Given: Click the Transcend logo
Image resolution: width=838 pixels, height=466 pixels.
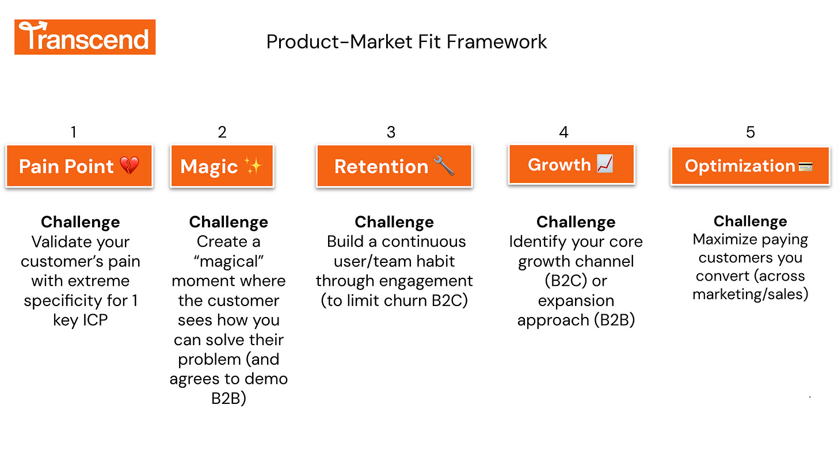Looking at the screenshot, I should (85, 37).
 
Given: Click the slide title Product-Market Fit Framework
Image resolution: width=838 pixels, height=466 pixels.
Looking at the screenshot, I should (406, 41).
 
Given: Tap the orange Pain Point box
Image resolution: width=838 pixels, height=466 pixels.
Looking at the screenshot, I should (79, 166).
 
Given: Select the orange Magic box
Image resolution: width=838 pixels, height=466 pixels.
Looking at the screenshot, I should (222, 166).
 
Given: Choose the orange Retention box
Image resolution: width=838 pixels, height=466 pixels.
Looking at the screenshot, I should (394, 166).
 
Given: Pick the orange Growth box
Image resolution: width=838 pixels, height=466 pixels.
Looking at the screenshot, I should (571, 165).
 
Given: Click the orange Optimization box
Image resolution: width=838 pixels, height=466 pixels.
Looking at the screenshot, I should (750, 166).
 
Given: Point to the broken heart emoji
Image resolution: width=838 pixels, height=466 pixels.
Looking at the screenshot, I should (129, 166).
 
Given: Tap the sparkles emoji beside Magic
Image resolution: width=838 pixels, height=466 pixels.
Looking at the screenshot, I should (253, 166).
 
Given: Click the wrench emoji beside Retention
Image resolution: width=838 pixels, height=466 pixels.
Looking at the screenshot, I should (444, 166).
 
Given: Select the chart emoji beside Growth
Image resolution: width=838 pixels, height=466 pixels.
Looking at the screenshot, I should (605, 165).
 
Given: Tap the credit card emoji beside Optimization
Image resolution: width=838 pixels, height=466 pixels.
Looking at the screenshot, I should (805, 166).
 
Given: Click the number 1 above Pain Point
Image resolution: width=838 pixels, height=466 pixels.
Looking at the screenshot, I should (73, 132).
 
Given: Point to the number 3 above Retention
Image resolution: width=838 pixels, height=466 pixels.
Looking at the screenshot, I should (391, 132).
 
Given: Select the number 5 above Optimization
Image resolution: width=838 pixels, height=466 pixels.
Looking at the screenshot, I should (750, 132).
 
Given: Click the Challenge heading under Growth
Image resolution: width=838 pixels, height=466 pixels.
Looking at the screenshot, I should (576, 222).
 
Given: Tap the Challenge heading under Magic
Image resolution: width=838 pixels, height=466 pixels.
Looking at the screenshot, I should (228, 222).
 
